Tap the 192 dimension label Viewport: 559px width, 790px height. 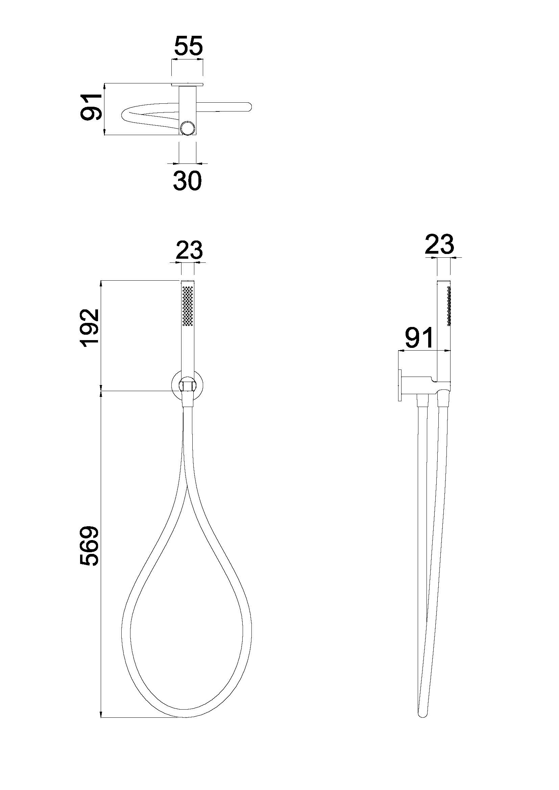point(89,327)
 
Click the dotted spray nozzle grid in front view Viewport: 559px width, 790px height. point(188,305)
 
